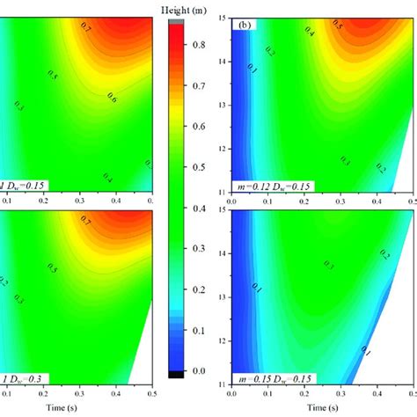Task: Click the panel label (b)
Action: (244, 26)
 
